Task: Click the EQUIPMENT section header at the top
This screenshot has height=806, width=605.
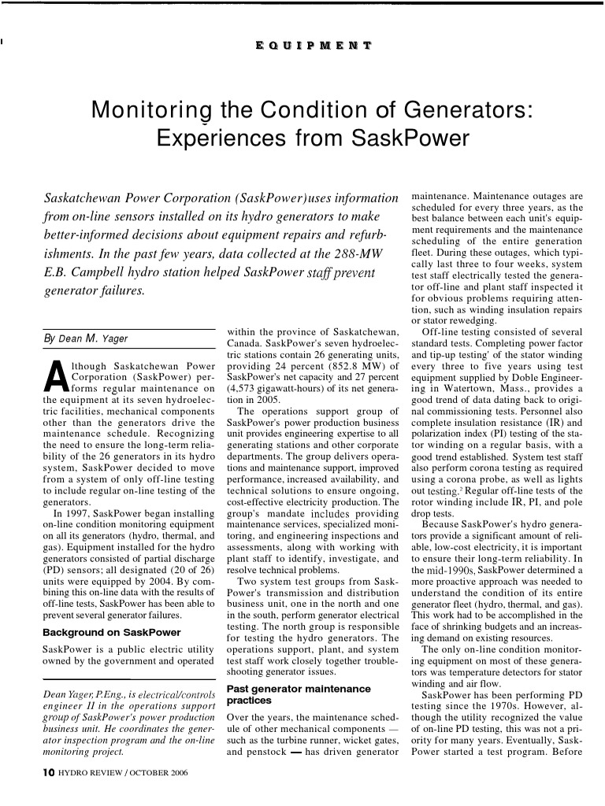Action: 314,46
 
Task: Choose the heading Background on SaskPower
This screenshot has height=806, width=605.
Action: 111,632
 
